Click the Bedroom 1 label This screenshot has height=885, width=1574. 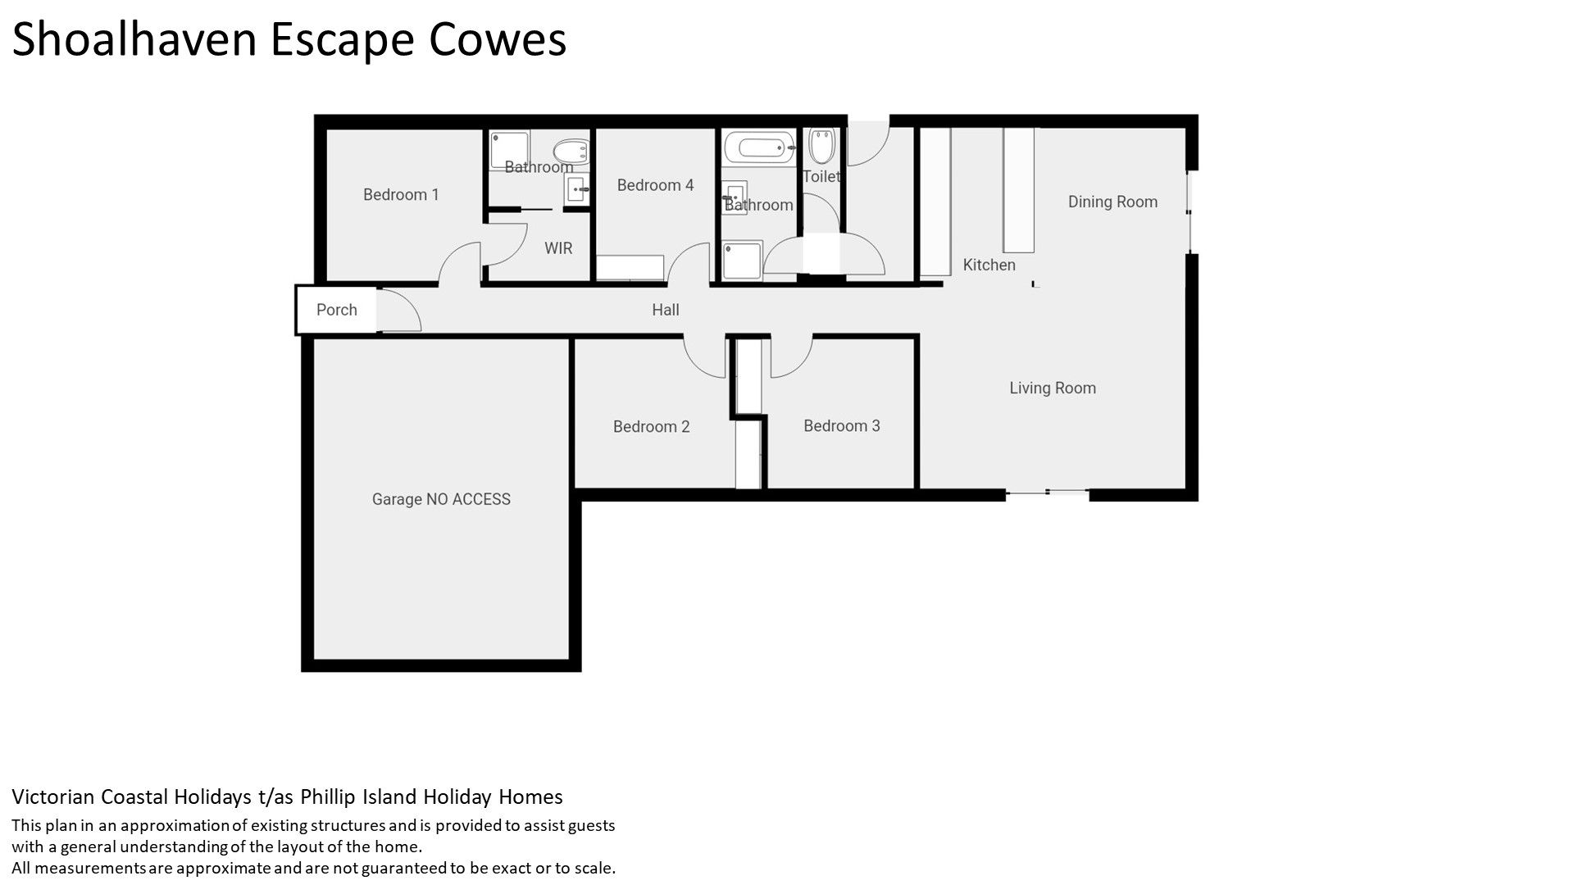tap(401, 195)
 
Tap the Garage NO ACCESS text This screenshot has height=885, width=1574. tap(441, 499)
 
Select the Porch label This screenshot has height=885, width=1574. tap(337, 310)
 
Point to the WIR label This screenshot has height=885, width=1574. tap(558, 248)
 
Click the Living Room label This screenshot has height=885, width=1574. tap(1053, 388)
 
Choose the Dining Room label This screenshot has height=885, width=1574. tap(1112, 202)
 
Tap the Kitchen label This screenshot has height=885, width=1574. tap(989, 265)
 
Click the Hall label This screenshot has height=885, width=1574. tap(666, 310)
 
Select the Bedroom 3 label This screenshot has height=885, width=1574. tap(842, 426)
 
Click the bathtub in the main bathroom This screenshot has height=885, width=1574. tap(759, 148)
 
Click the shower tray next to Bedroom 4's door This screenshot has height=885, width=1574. tap(743, 261)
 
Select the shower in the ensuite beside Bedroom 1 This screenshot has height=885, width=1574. tap(510, 150)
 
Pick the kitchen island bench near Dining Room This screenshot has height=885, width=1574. tap(1019, 190)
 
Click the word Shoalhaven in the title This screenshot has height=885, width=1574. tap(134, 39)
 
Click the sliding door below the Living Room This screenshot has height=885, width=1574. tap(1047, 492)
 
